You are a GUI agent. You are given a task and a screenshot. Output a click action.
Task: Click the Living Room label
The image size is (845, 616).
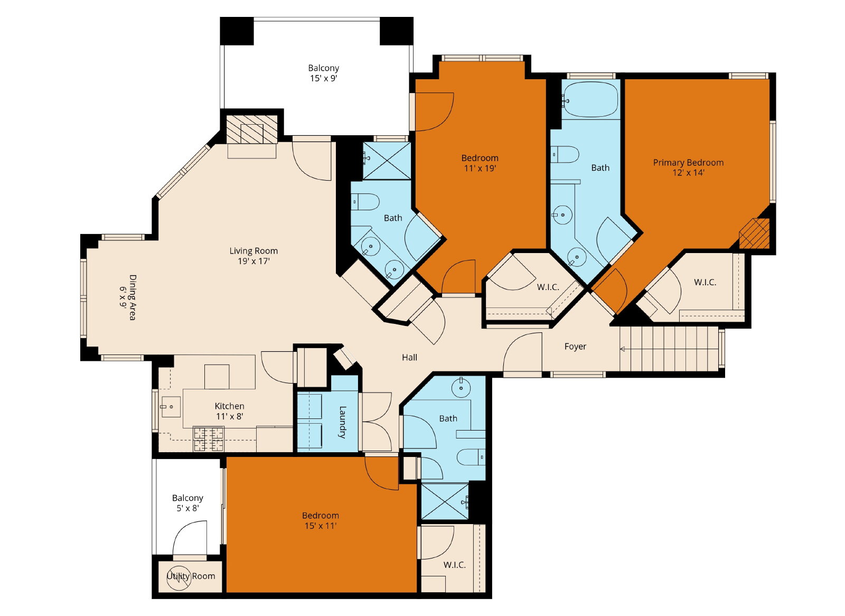point(253,250)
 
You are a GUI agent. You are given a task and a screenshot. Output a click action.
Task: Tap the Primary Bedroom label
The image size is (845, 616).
point(689,163)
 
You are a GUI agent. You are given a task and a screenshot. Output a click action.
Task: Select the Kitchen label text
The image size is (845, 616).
point(229,406)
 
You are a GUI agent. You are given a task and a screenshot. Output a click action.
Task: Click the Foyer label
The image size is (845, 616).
point(575,347)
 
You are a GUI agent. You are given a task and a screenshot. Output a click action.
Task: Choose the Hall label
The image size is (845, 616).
point(410,358)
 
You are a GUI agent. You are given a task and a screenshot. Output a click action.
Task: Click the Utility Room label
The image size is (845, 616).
point(191,576)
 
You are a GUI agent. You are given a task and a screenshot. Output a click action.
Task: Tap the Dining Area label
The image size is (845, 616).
point(133,297)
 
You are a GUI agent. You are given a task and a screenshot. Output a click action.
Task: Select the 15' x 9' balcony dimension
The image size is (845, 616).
point(324,79)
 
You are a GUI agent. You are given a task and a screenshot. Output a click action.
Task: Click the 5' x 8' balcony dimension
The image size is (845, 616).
point(187,508)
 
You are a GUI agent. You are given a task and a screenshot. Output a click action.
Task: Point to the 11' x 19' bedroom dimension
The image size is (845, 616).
point(480,169)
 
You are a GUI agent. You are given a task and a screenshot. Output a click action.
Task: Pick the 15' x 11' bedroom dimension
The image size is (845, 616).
point(321,526)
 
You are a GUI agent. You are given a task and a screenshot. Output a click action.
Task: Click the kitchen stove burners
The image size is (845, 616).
point(209,439)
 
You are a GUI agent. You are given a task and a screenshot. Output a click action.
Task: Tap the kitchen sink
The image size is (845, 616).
point(171,407)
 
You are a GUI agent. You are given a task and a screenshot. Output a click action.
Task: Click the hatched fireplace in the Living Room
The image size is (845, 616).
point(251,129)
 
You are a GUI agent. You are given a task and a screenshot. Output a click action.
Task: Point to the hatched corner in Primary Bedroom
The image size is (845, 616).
point(754,234)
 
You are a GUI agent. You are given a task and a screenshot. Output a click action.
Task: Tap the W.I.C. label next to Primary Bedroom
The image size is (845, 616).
point(705,282)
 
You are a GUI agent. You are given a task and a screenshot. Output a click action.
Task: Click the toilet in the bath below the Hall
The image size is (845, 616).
point(471,458)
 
